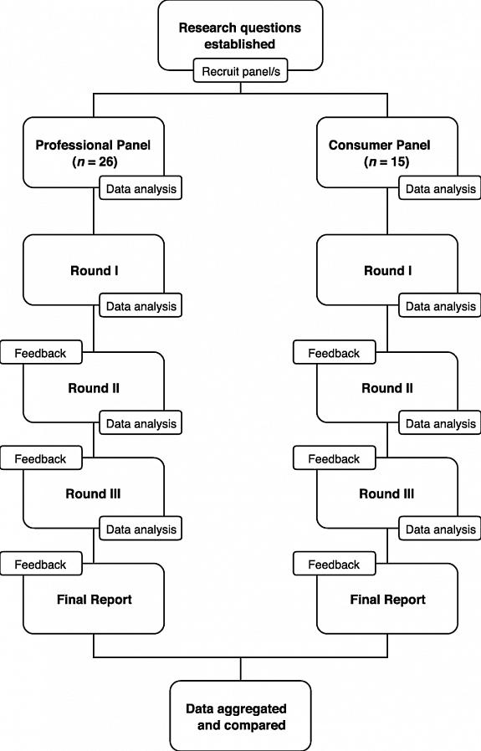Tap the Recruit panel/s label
[x=241, y=71]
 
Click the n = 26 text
[x=95, y=162]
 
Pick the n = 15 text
[x=386, y=162]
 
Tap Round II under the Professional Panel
[x=94, y=387]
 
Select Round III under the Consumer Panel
[x=387, y=493]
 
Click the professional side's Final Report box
[x=94, y=599]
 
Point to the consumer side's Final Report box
[x=387, y=599]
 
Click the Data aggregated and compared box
[x=241, y=716]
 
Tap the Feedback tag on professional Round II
[x=41, y=353]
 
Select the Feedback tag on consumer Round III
[x=335, y=458]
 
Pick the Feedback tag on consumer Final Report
[x=335, y=564]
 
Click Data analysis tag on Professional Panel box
[x=141, y=188]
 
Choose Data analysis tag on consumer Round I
[x=440, y=305]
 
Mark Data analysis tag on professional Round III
[x=141, y=529]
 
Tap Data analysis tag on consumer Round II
[x=440, y=423]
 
